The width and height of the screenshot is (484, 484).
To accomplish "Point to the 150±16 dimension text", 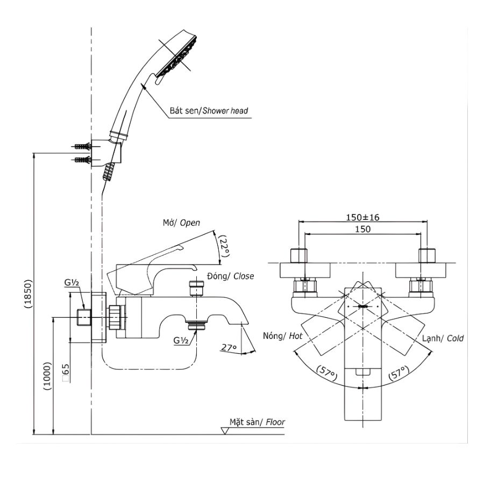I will pos(362,217).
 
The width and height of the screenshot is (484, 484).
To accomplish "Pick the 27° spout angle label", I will pos(229,348).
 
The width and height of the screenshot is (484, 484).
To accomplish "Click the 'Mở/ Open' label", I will pos(182,223).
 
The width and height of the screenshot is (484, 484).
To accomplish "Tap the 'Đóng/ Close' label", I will pos(230,276).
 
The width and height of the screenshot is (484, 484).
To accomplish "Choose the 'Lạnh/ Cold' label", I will pos(443,339).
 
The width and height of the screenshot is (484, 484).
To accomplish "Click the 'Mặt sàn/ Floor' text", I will pos(257,422).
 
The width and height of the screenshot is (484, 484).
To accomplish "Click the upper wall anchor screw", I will pos(81,146).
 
